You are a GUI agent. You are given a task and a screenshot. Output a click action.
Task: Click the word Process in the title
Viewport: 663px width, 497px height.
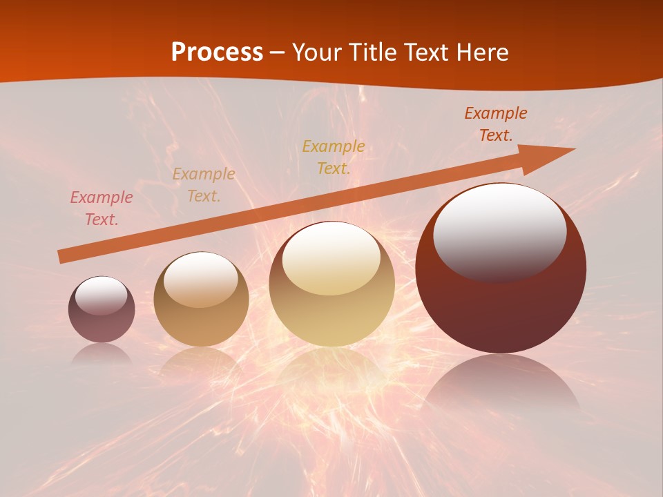(217, 52)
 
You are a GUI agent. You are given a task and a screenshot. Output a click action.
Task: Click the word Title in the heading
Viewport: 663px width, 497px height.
(372, 52)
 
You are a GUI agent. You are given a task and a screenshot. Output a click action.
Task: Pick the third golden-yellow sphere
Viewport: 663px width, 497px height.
(332, 284)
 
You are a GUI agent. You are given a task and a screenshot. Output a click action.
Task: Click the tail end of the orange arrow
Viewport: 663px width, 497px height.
(61, 257)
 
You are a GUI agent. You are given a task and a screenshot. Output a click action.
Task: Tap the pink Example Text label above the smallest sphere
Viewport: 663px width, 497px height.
(102, 208)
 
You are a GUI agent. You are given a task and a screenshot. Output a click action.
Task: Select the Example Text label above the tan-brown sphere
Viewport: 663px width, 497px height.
(204, 185)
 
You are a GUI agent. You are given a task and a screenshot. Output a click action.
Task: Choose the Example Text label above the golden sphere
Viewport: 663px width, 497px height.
(334, 157)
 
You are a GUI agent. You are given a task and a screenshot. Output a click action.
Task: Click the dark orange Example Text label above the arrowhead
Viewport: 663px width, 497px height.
(495, 124)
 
